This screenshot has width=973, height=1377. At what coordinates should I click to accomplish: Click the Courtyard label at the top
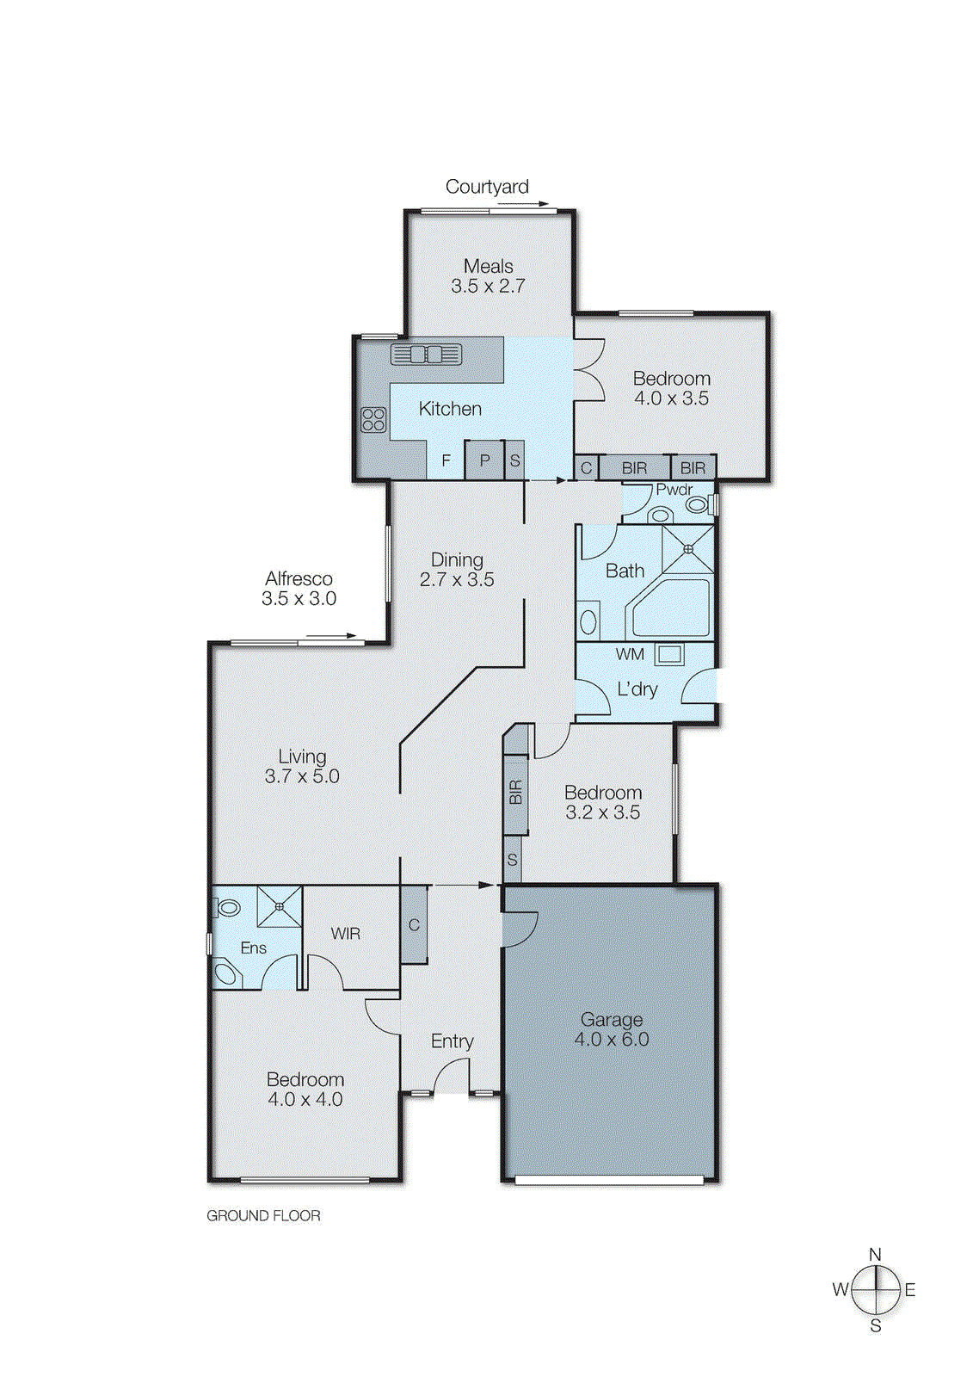[x=487, y=187]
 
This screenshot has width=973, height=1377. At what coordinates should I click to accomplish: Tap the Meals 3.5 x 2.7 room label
[x=488, y=276]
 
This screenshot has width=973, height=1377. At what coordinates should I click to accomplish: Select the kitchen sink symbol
[x=427, y=354]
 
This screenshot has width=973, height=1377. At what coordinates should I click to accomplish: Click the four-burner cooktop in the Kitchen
[x=373, y=420]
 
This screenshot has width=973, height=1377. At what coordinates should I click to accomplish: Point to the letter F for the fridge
[x=446, y=460]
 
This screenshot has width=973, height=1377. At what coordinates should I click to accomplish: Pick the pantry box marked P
[x=484, y=460]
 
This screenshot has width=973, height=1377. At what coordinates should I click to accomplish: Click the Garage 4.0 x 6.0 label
[x=612, y=1029]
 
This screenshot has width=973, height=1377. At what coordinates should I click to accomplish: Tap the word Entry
[x=452, y=1041]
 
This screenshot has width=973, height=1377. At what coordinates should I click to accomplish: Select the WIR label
[x=346, y=934]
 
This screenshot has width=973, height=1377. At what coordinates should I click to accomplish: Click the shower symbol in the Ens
[x=280, y=906]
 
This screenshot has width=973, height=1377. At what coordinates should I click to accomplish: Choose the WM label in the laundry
[x=630, y=654]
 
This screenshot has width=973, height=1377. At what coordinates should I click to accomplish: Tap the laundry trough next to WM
[x=670, y=655]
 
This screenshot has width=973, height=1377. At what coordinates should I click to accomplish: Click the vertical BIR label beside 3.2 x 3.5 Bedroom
[x=515, y=792]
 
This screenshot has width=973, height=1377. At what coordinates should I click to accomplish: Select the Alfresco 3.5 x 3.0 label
[x=299, y=589]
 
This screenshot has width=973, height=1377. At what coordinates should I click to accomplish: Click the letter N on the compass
[x=875, y=1255]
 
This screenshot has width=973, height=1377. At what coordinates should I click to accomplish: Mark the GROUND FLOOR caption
[x=263, y=1216]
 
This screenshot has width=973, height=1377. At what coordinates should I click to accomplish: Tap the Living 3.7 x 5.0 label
[x=302, y=766]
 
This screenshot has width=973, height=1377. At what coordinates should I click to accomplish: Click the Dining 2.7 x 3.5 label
[x=457, y=570]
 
